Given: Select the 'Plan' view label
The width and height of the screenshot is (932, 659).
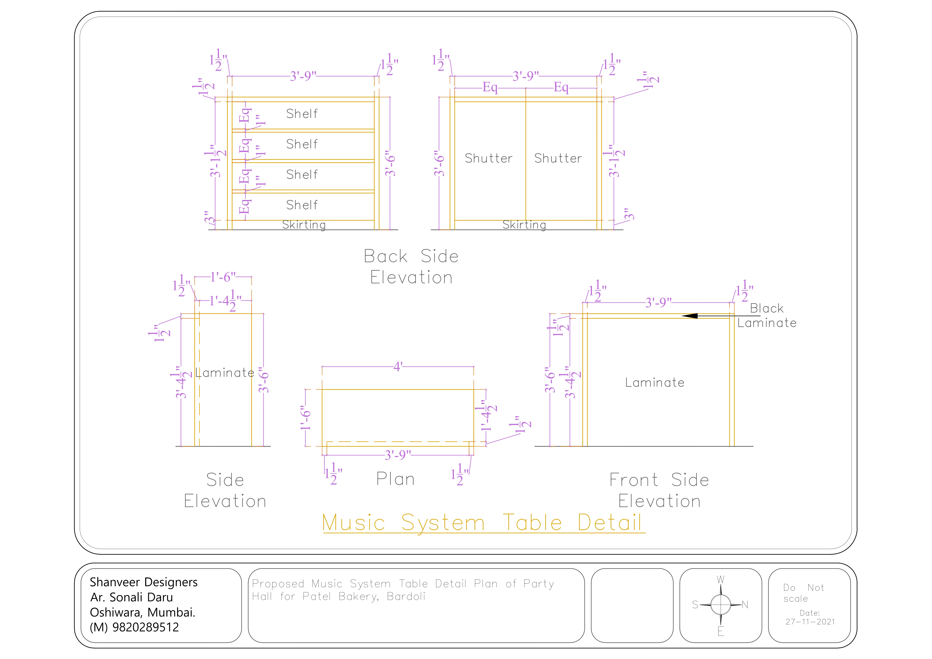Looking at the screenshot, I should [395, 479].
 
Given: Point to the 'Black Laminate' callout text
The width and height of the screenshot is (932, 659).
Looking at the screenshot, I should [767, 316].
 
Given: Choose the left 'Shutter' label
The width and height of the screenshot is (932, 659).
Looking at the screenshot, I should [489, 158].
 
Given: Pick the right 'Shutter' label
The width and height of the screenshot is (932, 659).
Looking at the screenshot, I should [558, 158].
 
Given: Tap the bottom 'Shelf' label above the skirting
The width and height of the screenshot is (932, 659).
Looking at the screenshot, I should [302, 205].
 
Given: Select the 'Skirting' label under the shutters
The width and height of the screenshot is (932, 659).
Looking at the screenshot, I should [524, 225].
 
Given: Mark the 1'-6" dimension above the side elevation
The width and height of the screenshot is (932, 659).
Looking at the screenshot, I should [223, 277].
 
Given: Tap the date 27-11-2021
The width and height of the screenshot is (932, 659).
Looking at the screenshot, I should [810, 622].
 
